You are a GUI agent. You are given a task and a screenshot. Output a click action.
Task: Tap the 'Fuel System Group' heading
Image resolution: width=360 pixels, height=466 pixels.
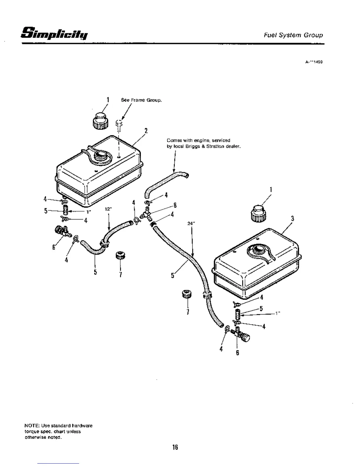tap(293, 35)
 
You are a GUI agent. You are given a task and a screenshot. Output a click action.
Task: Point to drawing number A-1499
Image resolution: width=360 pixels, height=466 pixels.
tap(314, 62)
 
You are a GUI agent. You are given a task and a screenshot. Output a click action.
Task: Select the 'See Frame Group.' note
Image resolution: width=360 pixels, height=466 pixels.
tap(141, 100)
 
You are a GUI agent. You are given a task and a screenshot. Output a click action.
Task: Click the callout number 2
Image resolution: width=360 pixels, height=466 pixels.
tap(146, 130)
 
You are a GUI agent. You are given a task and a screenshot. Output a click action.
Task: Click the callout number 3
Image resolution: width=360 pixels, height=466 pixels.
tap(292, 219)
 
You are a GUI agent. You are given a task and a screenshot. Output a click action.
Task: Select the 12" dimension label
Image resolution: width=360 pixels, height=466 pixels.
tap(109, 209)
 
